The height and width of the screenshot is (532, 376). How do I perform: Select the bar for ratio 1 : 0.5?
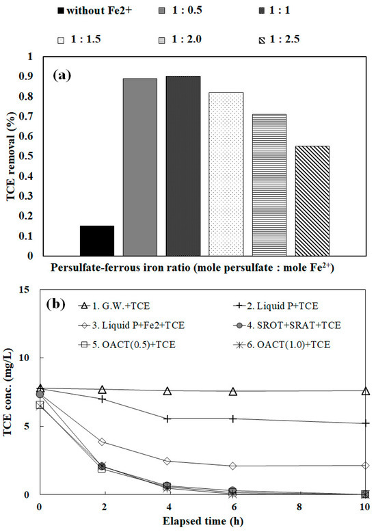(139, 168)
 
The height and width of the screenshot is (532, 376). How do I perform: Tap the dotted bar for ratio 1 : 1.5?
(226, 174)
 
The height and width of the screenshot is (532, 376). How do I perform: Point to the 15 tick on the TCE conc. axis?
(25, 290)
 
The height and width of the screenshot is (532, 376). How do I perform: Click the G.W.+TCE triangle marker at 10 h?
(366, 391)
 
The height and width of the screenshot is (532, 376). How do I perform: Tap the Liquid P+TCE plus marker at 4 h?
(168, 418)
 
